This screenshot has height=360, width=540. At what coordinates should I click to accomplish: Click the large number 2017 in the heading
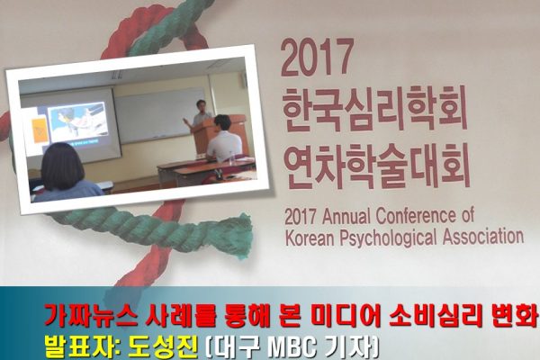(317, 58)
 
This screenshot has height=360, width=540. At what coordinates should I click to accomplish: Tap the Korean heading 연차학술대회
(378, 165)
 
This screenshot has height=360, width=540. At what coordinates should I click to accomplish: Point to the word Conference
(416, 216)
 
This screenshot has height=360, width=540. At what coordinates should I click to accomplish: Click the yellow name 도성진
(163, 346)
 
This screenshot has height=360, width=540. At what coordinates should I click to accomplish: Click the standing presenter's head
(201, 105)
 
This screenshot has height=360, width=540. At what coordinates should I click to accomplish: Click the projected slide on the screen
(77, 123)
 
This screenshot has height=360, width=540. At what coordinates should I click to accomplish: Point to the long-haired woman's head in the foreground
(63, 162)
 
